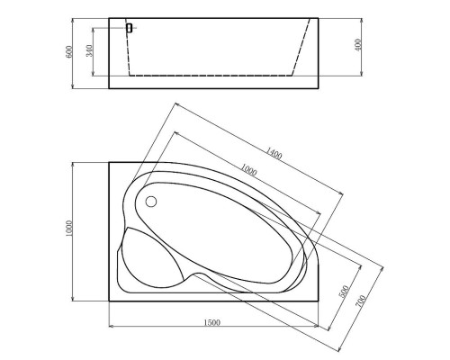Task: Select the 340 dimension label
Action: [x=88, y=51]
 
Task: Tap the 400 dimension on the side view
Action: [x=359, y=45]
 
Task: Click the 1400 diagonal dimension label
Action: [x=274, y=155]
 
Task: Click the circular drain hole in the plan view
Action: [x=151, y=202]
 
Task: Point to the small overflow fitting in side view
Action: [x=130, y=28]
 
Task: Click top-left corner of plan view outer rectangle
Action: [x=109, y=163]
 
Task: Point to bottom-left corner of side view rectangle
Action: [x=109, y=89]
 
